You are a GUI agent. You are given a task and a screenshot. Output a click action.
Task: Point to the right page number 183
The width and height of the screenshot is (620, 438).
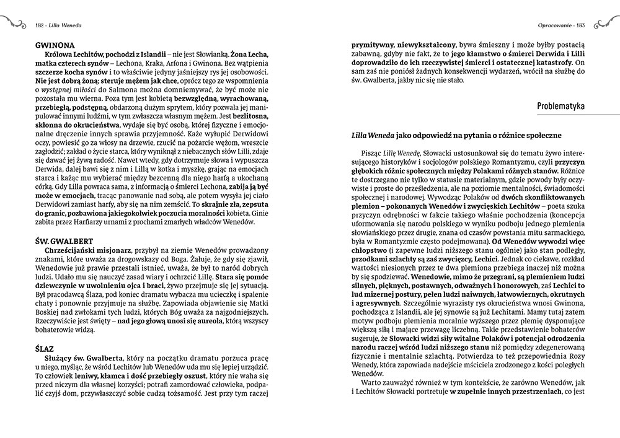pyautogui.click(x=582, y=25)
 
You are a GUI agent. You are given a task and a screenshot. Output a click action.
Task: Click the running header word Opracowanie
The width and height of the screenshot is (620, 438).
pyautogui.click(x=554, y=25)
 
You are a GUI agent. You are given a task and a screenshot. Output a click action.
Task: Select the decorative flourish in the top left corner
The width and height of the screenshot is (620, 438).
pyautogui.click(x=14, y=24)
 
